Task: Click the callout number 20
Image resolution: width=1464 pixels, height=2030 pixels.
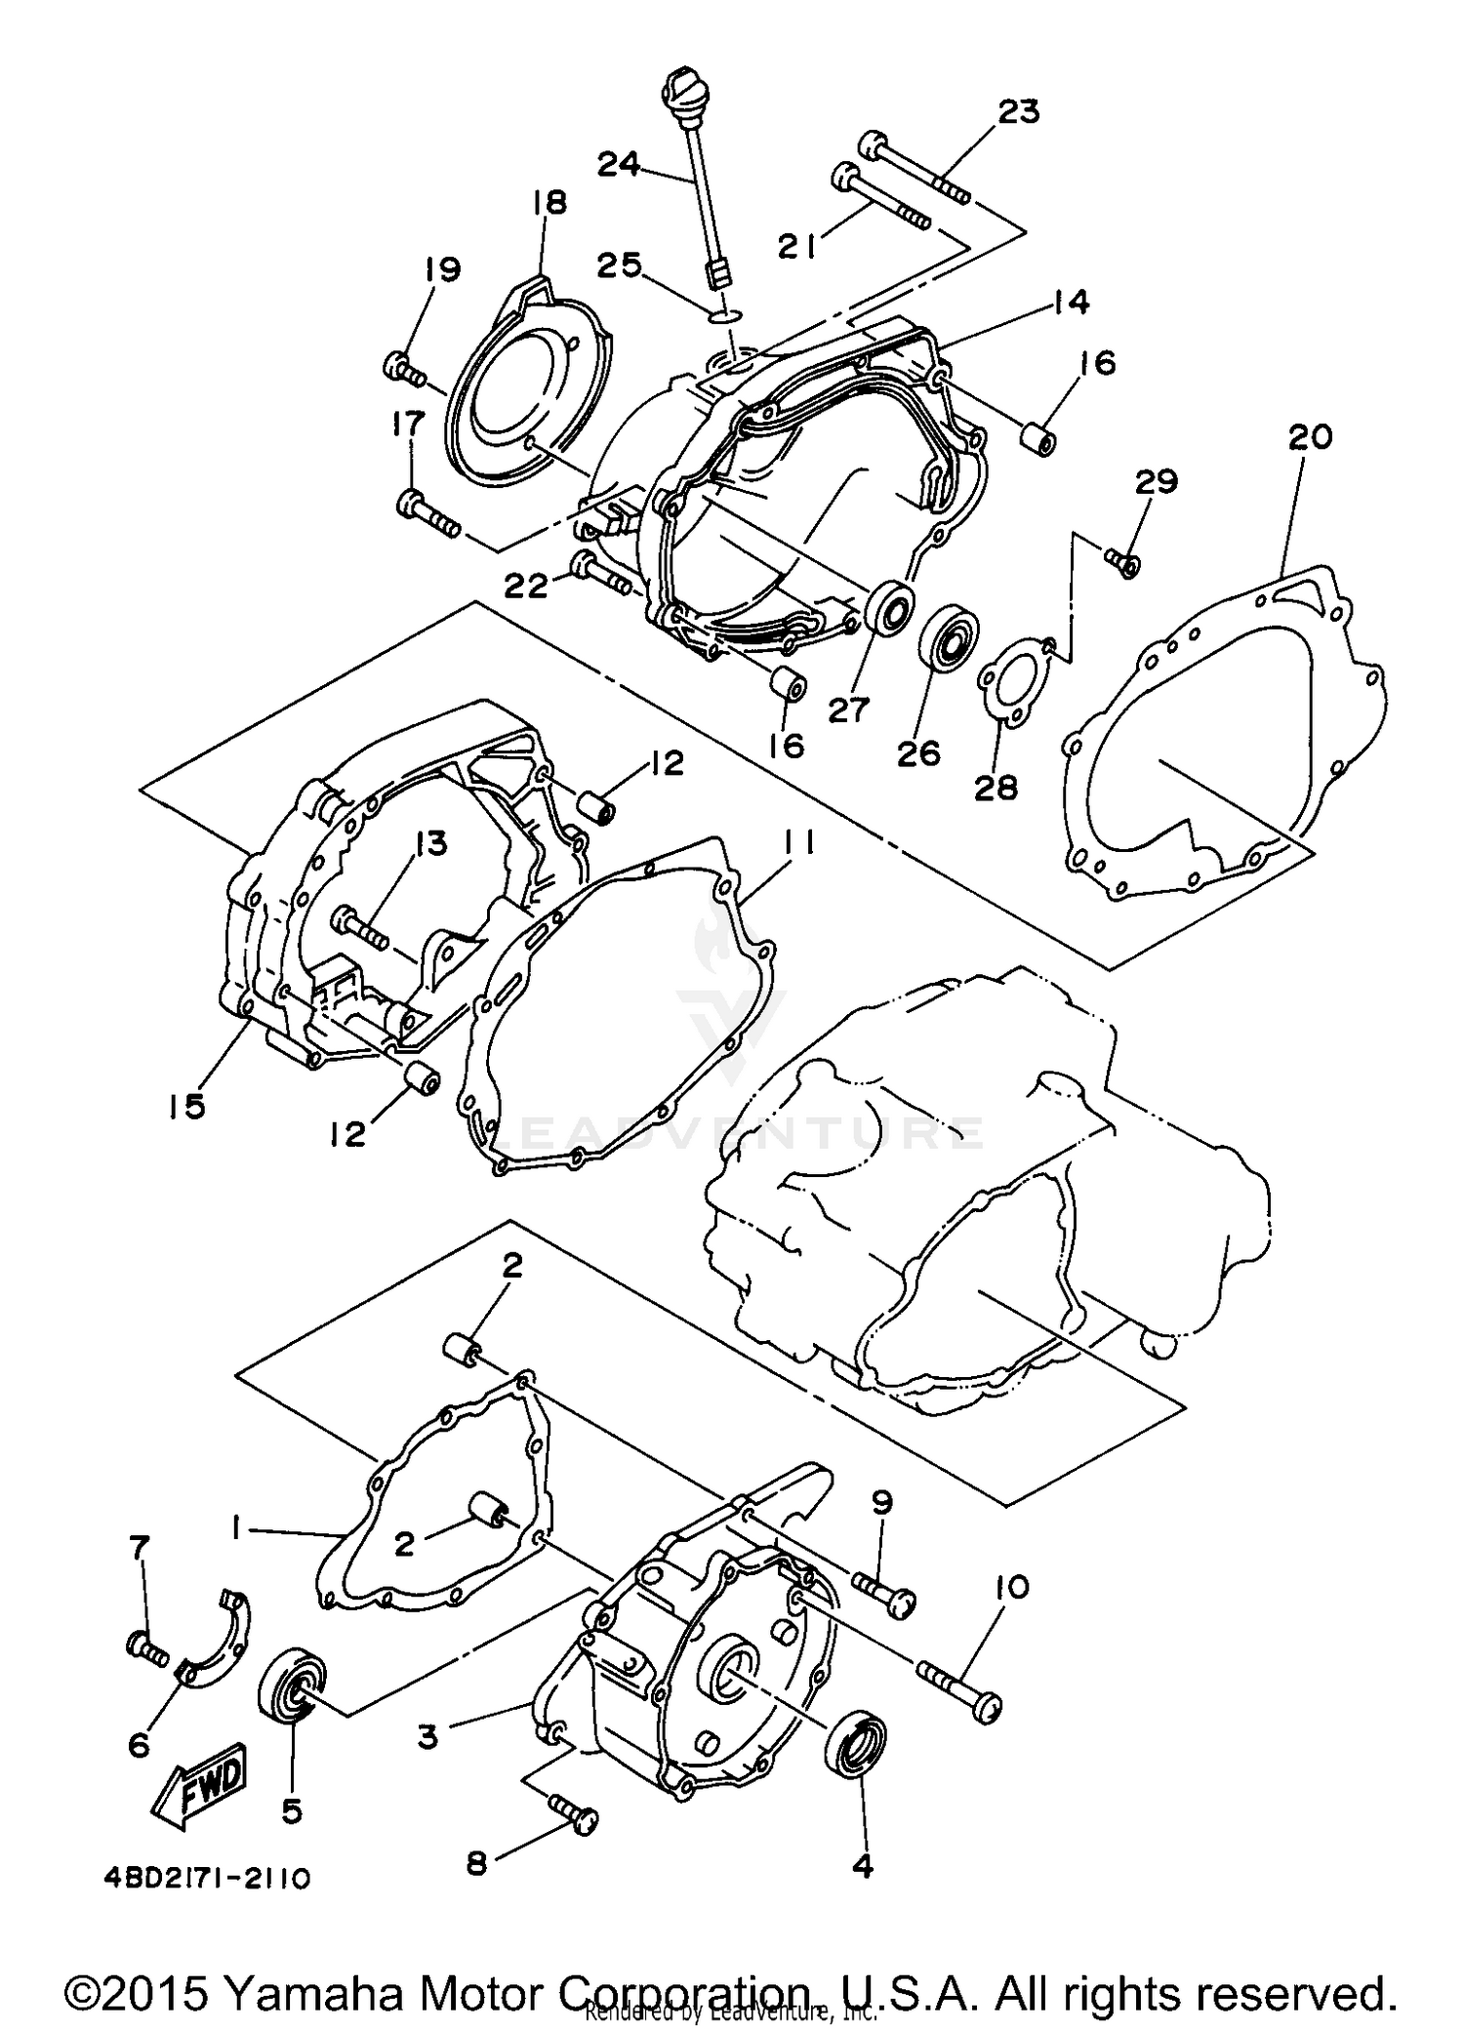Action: click(1310, 436)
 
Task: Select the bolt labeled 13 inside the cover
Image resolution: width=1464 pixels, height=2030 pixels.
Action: click(361, 926)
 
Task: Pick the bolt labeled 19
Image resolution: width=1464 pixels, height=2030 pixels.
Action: click(403, 370)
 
